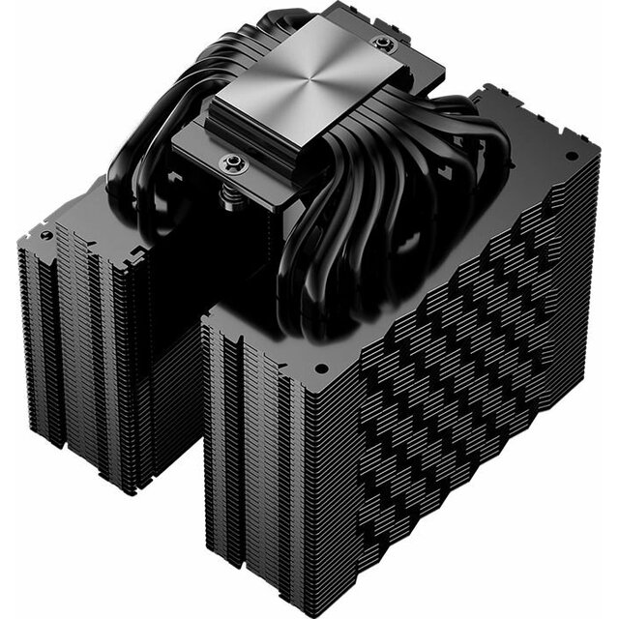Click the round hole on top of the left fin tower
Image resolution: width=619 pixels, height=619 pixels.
point(44,235)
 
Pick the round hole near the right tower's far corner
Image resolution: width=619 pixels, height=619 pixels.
point(571,156)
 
